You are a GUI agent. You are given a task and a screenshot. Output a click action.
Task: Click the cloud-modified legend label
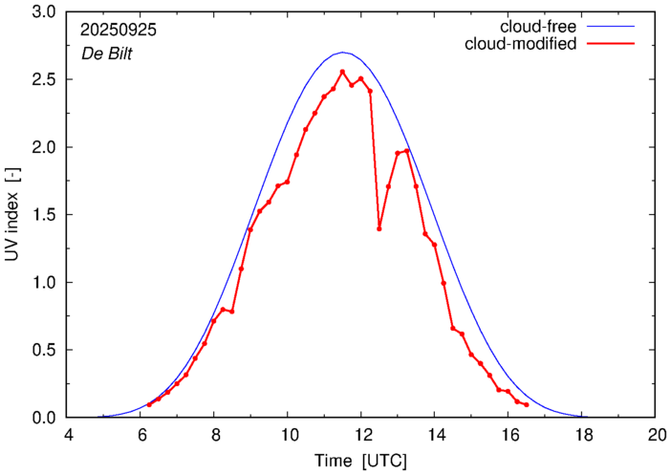520,44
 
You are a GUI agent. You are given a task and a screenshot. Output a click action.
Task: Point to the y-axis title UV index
13,216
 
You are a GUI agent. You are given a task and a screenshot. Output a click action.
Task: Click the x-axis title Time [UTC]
361,461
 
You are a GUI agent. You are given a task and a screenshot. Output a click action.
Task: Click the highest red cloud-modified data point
342,72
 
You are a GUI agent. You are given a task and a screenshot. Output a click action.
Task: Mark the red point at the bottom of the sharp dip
379,228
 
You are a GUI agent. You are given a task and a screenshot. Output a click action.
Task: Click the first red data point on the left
149,405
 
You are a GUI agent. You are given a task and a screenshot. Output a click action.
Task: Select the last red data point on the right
527,405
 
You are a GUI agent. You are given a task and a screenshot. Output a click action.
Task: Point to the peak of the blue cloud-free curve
343,53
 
